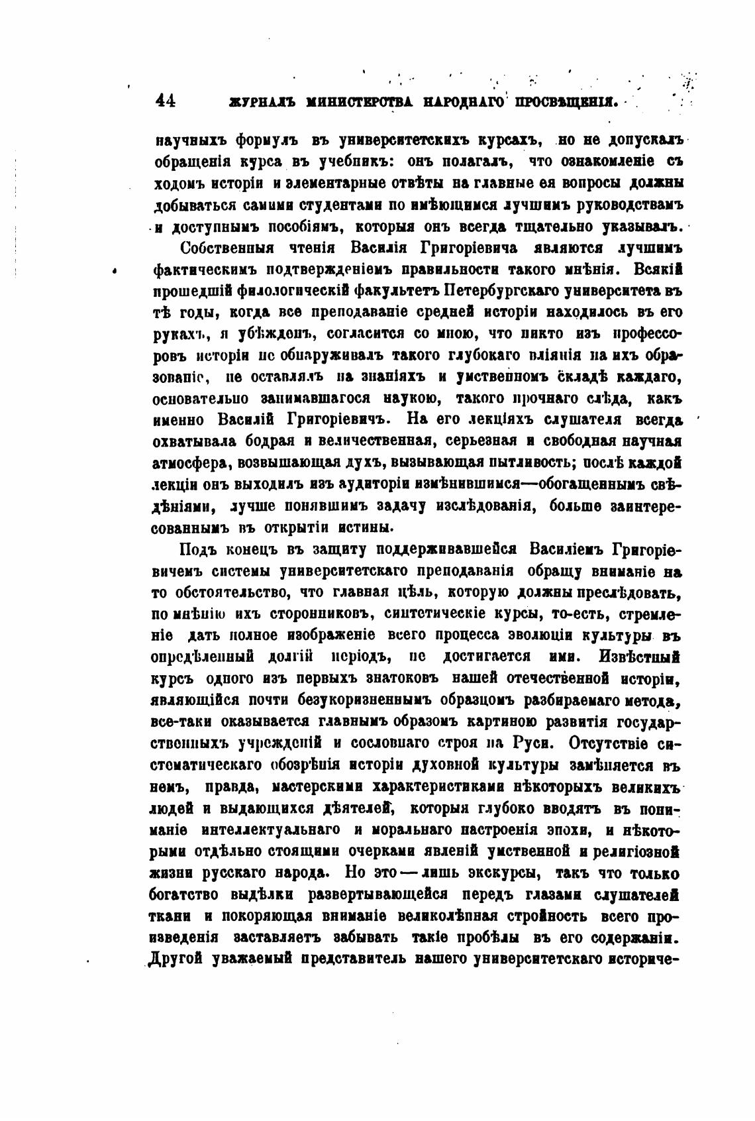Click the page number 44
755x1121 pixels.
coord(165,101)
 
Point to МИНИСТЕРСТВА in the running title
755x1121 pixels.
coord(363,103)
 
